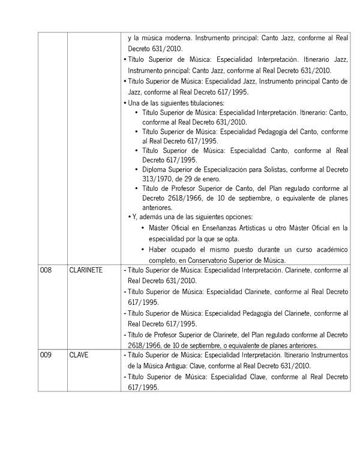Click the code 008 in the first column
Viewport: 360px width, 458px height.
[x=46, y=271]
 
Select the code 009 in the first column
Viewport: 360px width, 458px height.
[x=46, y=355]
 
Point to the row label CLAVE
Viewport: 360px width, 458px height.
[x=79, y=355]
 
